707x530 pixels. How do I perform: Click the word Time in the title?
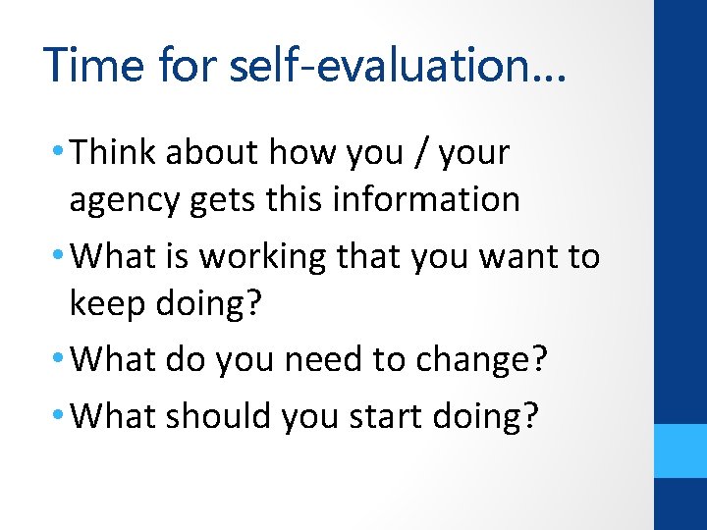click(90, 65)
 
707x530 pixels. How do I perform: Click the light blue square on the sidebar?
click(680, 450)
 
